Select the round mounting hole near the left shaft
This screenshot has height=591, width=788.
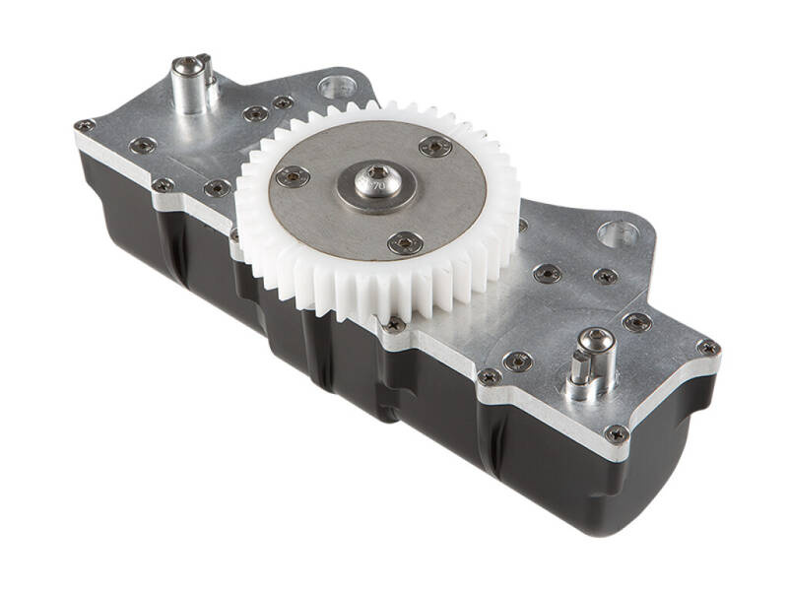(x=338, y=89)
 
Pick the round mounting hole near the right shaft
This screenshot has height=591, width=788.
(x=618, y=234)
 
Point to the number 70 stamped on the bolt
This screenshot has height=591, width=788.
(x=375, y=183)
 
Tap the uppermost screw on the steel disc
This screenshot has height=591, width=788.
(x=434, y=147)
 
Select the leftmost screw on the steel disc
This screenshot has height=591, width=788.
(x=293, y=176)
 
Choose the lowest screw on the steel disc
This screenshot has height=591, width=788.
(x=404, y=242)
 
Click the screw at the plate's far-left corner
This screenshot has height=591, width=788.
(x=85, y=126)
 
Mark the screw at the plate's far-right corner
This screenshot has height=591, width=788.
(x=707, y=348)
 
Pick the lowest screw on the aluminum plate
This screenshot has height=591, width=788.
(x=618, y=434)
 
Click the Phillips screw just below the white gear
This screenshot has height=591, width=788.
(x=394, y=324)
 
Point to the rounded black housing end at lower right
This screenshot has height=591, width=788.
(x=650, y=492)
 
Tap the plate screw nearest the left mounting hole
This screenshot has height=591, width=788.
(x=283, y=102)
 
